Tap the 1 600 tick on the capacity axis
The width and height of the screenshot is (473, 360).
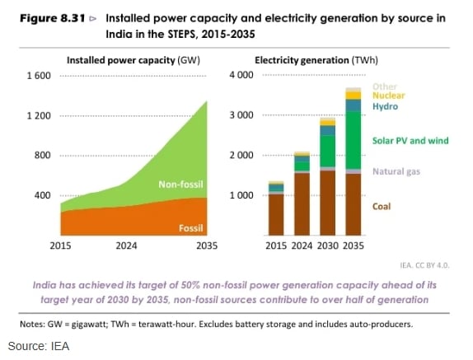point(38,75)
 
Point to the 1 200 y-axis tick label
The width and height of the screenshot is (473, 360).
point(38,115)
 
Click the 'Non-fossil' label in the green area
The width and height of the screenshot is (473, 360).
point(180,183)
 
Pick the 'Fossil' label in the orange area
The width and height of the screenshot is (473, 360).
point(191,227)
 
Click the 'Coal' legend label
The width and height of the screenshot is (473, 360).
point(382,206)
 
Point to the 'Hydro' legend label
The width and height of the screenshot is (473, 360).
point(385,107)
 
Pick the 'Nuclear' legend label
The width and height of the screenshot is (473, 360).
point(388,96)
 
